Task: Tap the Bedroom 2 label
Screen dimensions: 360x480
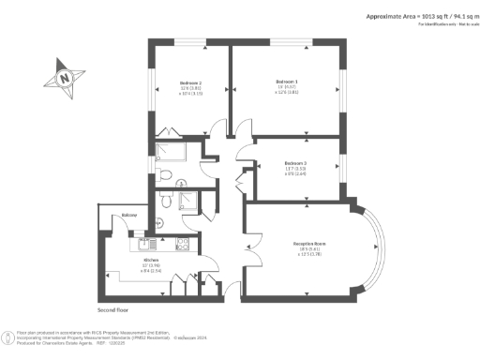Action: pos(191,83)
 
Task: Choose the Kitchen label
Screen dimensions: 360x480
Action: pos(151,260)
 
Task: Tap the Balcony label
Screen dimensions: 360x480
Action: pos(129,217)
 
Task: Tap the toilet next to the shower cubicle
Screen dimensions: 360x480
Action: pos(164,200)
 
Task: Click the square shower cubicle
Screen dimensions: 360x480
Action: pos(187,201)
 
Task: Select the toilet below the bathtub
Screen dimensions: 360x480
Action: pos(164,173)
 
